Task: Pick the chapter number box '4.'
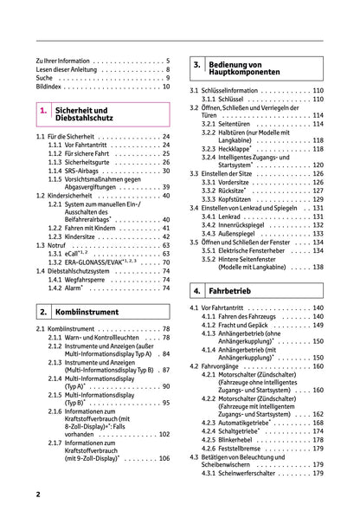click(197, 290)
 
